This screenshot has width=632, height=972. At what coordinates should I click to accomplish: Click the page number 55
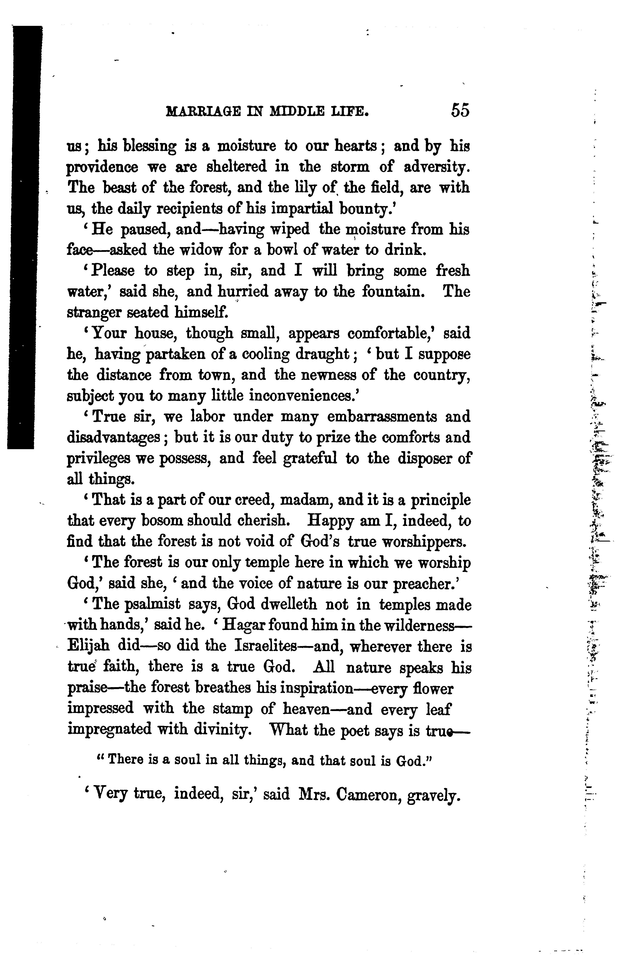click(x=460, y=111)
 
